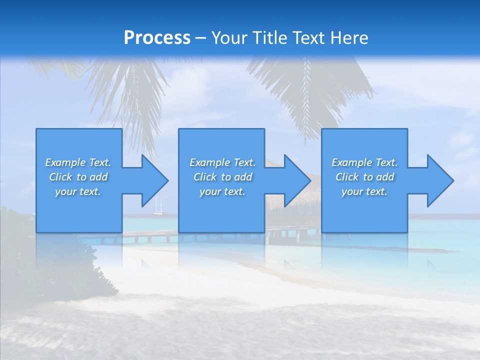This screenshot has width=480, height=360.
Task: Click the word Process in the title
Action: [157, 38]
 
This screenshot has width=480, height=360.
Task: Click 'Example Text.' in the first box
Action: [78, 162]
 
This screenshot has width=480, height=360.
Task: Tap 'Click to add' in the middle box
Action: [222, 177]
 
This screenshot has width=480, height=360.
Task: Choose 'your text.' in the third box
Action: [364, 191]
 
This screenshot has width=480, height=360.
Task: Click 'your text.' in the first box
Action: [78, 191]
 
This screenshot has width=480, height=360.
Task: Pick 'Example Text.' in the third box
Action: [364, 162]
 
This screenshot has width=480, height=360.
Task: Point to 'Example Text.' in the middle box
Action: [222, 162]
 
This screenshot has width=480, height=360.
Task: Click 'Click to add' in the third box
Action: [364, 177]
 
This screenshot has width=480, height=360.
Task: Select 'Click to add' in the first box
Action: [78, 177]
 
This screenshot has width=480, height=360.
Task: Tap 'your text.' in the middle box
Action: [222, 191]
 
